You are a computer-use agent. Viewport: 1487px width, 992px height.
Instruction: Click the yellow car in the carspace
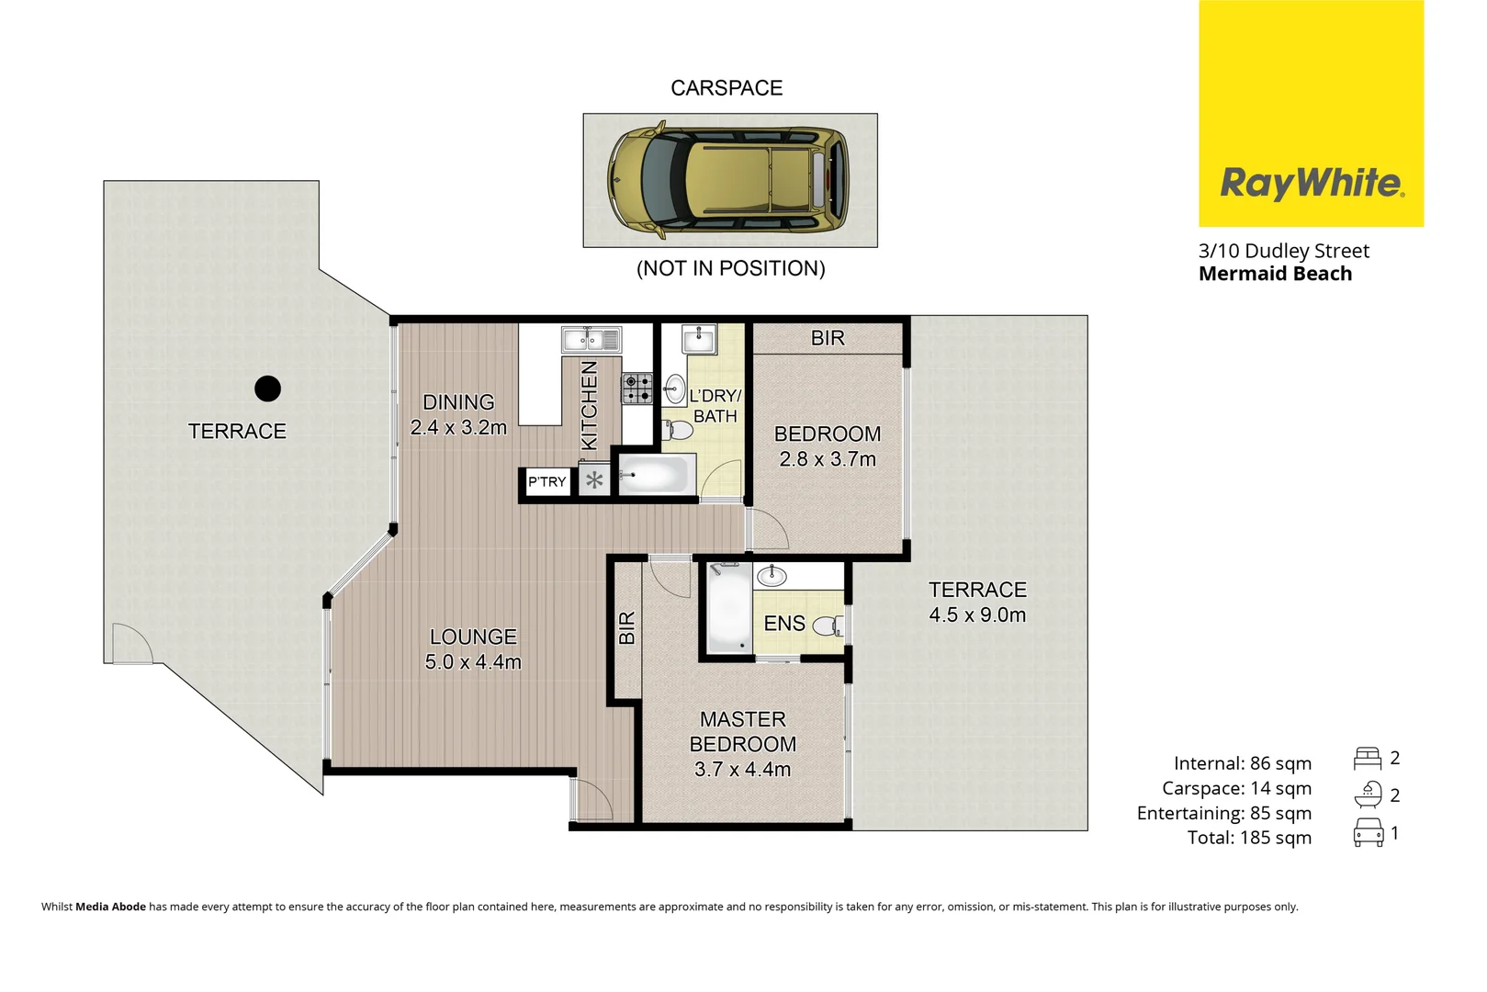pyautogui.click(x=728, y=179)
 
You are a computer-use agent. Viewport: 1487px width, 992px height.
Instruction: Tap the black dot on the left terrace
pyautogui.click(x=267, y=389)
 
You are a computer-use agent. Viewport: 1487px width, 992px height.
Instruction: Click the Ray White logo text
pyautogui.click(x=1311, y=183)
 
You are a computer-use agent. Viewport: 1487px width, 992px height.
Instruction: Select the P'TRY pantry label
pyautogui.click(x=546, y=481)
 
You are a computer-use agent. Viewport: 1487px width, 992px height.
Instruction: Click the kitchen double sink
pyautogui.click(x=591, y=340)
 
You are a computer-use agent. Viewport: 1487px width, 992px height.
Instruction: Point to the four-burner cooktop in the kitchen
pyautogui.click(x=637, y=389)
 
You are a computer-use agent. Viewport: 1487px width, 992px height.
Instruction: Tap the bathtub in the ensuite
pyautogui.click(x=729, y=608)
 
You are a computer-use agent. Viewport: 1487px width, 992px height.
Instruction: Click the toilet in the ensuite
pyautogui.click(x=829, y=626)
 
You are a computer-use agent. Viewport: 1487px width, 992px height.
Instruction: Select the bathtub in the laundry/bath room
pyautogui.click(x=654, y=475)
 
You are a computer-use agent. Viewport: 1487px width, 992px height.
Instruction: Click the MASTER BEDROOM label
pyautogui.click(x=742, y=731)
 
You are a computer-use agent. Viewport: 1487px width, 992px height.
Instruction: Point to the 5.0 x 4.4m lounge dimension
pyautogui.click(x=473, y=662)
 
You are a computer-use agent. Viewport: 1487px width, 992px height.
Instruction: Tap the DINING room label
pyautogui.click(x=458, y=402)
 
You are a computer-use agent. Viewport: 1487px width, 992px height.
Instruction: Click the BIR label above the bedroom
pyautogui.click(x=828, y=338)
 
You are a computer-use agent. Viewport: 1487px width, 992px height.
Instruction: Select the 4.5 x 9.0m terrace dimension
pyautogui.click(x=977, y=615)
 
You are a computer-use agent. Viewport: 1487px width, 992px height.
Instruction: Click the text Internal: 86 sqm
pyautogui.click(x=1242, y=763)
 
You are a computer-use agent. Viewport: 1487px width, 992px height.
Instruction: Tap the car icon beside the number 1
pyautogui.click(x=1368, y=833)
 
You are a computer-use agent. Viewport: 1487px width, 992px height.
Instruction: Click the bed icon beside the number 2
pyautogui.click(x=1367, y=759)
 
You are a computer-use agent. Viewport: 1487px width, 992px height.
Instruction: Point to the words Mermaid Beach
pyautogui.click(x=1275, y=274)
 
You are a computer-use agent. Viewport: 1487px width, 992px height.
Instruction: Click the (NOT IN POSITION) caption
pyautogui.click(x=730, y=268)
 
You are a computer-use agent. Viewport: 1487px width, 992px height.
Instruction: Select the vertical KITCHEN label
pyautogui.click(x=590, y=405)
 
